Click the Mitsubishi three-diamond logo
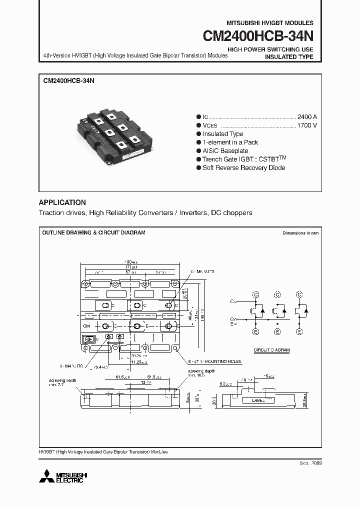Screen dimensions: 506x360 (49, 475)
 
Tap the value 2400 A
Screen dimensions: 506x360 (306, 116)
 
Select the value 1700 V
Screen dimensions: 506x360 (306, 125)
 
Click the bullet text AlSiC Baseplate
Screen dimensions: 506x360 (225, 150)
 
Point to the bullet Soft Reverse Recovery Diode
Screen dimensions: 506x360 (243, 167)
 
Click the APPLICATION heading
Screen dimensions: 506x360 (62, 202)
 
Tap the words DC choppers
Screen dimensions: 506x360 (231, 212)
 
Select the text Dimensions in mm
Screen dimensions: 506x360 (300, 233)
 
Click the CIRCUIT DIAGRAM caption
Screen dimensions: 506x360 (271, 350)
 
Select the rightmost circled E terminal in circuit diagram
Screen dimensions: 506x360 (299, 331)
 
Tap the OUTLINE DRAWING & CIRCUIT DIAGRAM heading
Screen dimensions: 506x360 (93, 233)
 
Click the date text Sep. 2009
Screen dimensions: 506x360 (310, 463)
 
